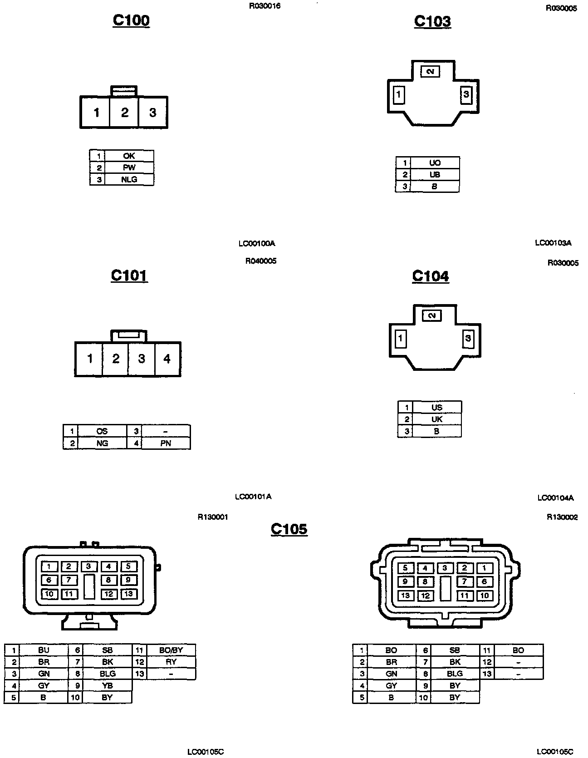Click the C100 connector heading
point(131,20)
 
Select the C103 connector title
point(432,21)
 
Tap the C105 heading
point(289,529)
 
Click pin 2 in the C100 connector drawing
point(125,113)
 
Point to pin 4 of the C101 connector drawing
point(167,359)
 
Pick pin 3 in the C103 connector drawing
point(466,95)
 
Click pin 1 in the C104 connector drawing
point(400,339)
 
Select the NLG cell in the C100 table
point(129,180)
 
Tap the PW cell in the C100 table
point(129,168)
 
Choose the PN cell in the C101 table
point(166,443)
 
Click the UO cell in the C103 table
point(435,163)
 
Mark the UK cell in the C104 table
point(436,419)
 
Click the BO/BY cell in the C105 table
point(171,650)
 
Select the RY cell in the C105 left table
point(171,662)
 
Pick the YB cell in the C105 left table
point(107,685)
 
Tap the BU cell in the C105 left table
point(44,650)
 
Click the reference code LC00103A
point(553,243)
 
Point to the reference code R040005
point(261,261)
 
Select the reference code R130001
point(213,517)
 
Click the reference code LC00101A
point(253,497)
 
